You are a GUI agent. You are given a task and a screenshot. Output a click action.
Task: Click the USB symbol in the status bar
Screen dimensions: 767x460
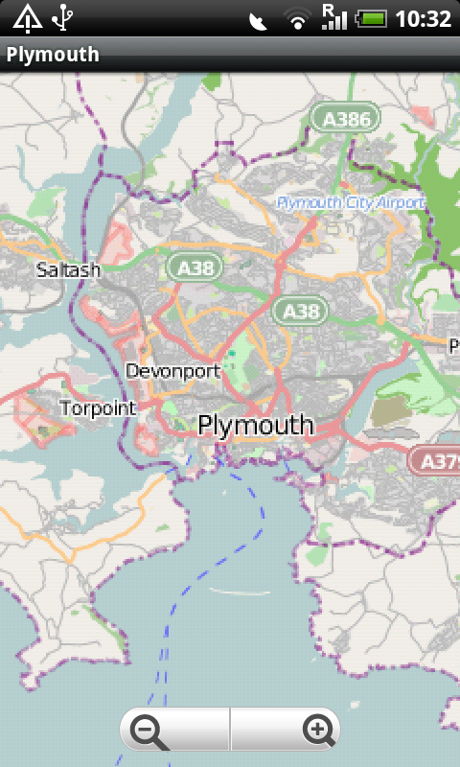point(63,17)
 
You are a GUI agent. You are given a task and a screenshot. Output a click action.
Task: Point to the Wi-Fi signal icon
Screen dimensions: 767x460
point(298,18)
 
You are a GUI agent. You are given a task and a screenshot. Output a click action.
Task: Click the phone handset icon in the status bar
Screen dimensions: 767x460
point(258,19)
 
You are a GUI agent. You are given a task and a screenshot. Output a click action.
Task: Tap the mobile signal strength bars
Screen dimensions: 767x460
point(333,17)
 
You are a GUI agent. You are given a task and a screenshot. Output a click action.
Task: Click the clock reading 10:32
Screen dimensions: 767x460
point(423,18)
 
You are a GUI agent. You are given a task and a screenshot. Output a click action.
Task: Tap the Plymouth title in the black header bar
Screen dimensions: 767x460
point(53,55)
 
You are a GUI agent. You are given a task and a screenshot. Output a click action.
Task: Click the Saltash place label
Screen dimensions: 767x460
point(68,269)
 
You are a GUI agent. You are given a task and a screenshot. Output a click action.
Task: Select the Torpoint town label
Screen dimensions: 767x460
point(98,408)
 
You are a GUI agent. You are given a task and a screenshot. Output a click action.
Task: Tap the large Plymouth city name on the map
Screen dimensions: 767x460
point(256,426)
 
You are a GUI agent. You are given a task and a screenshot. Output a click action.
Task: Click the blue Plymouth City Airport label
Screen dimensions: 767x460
point(350,203)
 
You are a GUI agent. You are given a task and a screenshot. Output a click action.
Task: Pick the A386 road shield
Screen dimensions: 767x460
point(345,119)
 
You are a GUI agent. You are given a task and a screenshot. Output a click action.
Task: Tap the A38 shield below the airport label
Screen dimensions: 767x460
point(300,311)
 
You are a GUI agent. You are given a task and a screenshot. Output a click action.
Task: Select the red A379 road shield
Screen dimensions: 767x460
point(436,460)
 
